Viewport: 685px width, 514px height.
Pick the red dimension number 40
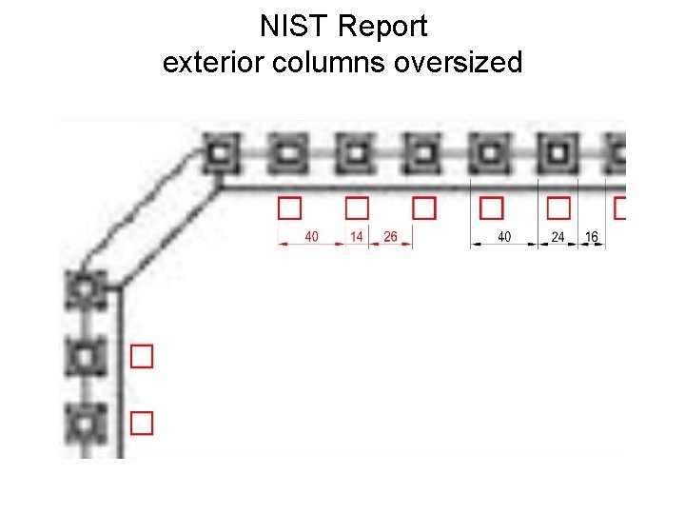(311, 236)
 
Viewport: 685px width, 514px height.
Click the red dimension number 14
(356, 236)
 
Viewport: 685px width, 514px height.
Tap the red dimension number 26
(390, 236)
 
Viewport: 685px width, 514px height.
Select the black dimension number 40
(504, 236)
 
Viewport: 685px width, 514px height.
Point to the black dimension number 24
(558, 237)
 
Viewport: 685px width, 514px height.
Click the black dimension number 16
(592, 236)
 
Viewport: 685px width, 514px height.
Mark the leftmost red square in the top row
(288, 208)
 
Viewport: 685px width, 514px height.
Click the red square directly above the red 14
(356, 208)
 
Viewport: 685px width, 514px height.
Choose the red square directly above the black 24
(558, 208)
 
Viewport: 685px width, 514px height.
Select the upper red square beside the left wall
(142, 356)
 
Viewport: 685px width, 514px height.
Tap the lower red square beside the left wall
(142, 423)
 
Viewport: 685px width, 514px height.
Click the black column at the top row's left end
(221, 152)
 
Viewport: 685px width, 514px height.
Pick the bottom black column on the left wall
(86, 422)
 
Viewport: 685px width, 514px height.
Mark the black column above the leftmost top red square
(287, 152)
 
